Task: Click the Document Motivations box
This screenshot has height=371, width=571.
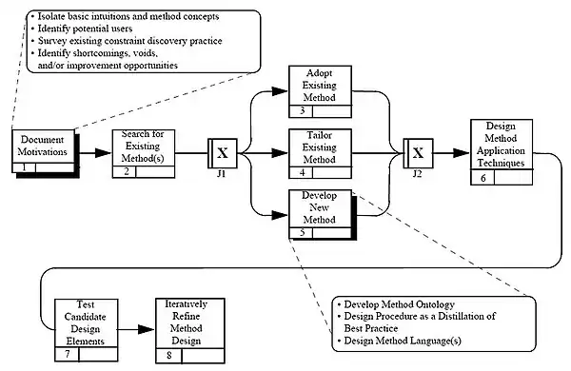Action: click(x=44, y=151)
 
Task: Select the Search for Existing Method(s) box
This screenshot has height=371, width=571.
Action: click(x=144, y=154)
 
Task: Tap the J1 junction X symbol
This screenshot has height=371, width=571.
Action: click(x=223, y=153)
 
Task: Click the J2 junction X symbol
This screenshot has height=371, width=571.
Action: click(x=418, y=153)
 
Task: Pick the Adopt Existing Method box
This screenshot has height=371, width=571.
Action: click(x=320, y=91)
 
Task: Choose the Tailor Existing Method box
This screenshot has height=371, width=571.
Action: click(x=320, y=154)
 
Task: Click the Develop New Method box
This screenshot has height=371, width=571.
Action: click(x=322, y=214)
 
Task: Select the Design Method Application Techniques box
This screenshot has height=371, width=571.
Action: click(x=502, y=152)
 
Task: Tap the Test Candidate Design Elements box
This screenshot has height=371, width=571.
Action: click(x=87, y=330)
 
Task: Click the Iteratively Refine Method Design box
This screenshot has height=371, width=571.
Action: click(x=190, y=331)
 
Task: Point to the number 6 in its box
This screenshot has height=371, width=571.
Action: click(x=483, y=178)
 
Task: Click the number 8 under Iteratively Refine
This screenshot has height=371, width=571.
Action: click(x=169, y=355)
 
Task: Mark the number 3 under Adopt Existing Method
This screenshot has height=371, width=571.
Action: click(x=303, y=110)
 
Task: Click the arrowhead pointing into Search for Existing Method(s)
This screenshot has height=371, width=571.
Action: click(x=103, y=153)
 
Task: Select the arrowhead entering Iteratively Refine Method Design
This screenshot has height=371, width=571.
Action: click(x=147, y=330)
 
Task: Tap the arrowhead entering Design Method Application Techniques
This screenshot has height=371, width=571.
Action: click(x=462, y=153)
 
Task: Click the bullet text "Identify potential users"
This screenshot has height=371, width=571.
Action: click(x=86, y=29)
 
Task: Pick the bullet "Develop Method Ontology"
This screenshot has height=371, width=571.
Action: click(x=400, y=304)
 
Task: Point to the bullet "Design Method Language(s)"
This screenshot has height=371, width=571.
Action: click(x=403, y=341)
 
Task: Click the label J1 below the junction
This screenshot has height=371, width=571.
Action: click(x=222, y=174)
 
